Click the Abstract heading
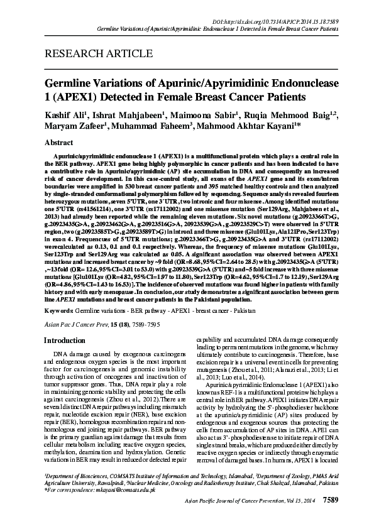point(59,143)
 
